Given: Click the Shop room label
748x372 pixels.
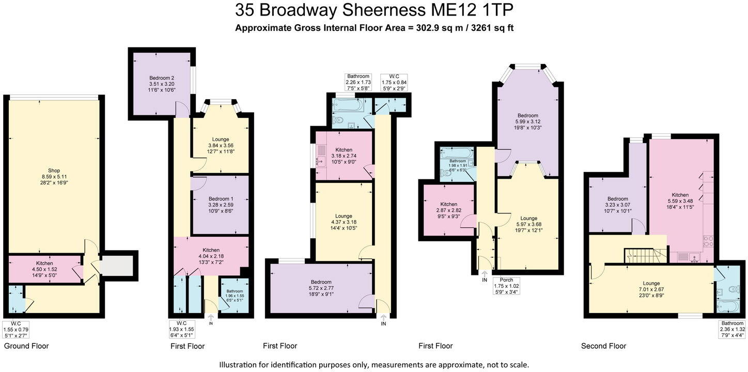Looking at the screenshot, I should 54,171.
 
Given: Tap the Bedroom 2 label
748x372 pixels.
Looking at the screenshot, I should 162,78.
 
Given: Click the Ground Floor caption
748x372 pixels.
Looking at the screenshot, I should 26,346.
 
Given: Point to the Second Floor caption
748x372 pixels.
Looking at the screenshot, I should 603,346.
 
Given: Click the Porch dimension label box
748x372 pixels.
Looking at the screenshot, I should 506,286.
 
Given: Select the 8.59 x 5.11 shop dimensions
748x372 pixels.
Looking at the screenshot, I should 54,177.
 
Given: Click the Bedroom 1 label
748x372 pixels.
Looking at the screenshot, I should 221,199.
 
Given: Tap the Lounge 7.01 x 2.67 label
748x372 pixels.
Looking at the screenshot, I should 651,283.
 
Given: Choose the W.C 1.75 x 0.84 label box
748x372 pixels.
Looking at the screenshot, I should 394,82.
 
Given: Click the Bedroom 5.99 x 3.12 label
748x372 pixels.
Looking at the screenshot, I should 527,116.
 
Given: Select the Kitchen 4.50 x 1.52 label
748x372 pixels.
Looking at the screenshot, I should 44,263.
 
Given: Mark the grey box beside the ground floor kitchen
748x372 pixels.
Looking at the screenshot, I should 118,266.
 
